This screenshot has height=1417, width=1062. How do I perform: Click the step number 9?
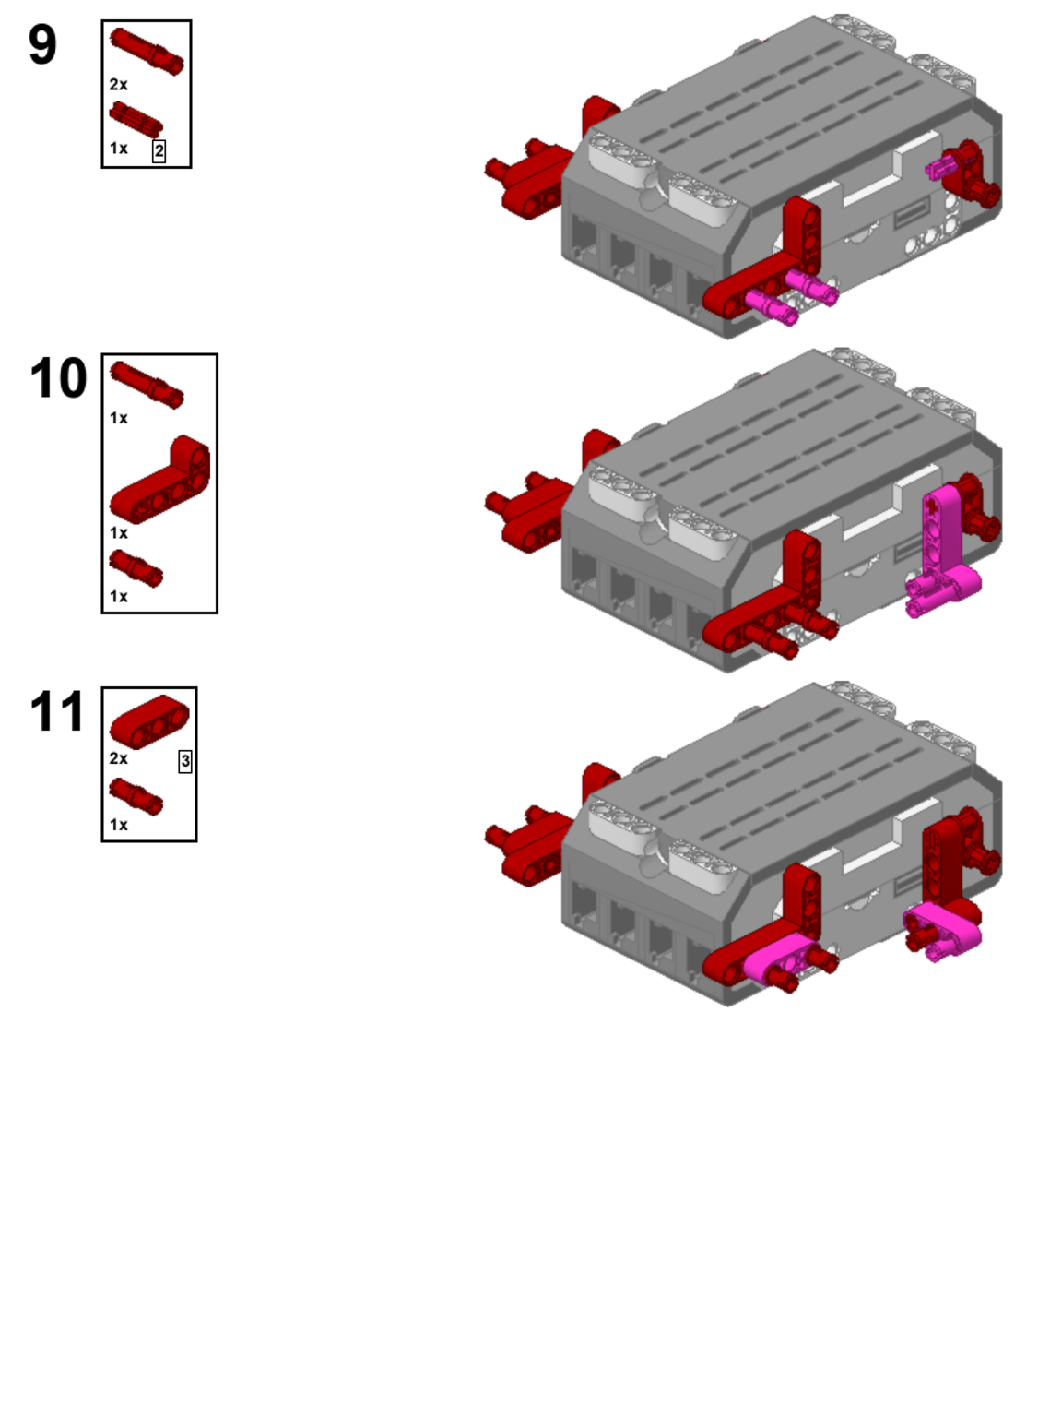pos(42,44)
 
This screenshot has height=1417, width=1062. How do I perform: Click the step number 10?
pos(58,378)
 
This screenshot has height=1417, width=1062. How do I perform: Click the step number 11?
pos(57,711)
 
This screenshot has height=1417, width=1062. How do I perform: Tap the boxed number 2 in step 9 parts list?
pos(159,151)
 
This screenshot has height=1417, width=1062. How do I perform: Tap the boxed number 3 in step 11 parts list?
pos(185,762)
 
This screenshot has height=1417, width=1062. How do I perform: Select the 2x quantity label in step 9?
pos(119,85)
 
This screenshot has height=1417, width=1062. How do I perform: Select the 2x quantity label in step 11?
pos(119,758)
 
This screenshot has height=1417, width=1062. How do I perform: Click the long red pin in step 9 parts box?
pos(147,51)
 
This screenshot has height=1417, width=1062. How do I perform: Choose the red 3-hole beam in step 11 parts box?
pos(149,721)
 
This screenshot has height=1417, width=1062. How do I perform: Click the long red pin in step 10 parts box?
pos(147,385)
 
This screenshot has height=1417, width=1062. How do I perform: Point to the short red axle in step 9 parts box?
pos(136,119)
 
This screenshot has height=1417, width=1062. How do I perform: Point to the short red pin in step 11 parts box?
pos(136,797)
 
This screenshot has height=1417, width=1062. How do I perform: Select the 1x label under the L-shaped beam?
pos(119,532)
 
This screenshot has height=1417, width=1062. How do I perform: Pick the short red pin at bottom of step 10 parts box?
pos(136,568)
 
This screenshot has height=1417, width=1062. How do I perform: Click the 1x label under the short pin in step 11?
pos(119,825)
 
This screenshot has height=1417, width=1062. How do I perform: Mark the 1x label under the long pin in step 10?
pos(119,418)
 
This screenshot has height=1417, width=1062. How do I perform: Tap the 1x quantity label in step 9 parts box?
pos(119,149)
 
